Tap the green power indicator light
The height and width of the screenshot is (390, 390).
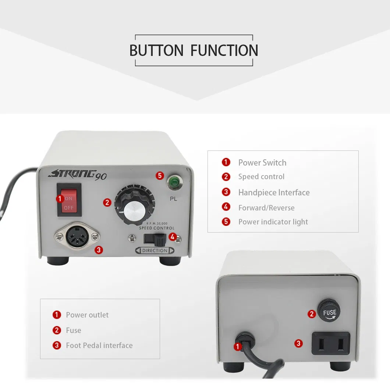[x=175, y=182]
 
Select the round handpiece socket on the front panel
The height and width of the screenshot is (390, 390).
[x=77, y=236]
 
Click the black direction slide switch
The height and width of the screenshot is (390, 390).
[x=155, y=240]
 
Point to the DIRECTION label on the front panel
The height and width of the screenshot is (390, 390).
[x=155, y=251]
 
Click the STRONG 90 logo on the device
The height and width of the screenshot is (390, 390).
[x=78, y=174]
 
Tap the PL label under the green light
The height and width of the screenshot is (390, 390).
[x=173, y=199]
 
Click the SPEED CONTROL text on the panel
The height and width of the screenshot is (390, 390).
[x=157, y=228]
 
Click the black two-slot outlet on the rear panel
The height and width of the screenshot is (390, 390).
[x=331, y=344]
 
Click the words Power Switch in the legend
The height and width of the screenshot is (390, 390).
[x=262, y=163]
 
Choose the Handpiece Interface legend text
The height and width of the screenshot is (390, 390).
[x=274, y=192]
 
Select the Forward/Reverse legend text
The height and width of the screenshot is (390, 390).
[x=266, y=208]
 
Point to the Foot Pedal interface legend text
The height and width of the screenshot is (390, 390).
[x=99, y=345]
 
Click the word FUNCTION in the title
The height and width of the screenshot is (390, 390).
[x=224, y=50]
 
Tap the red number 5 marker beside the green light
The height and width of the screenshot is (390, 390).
[x=160, y=175]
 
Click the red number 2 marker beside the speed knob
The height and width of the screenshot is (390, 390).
[x=107, y=202]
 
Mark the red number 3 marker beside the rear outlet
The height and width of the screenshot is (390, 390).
[x=298, y=344]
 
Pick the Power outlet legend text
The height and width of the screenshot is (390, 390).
[x=87, y=315]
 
